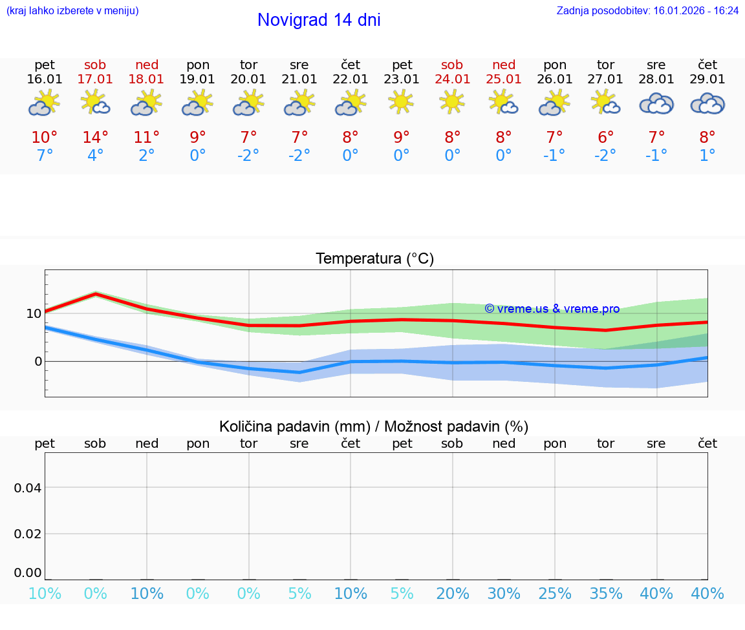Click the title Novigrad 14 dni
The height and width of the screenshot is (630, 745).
pyautogui.click(x=319, y=20)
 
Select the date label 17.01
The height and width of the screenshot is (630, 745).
pyautogui.click(x=95, y=79)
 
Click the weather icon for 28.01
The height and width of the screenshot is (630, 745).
pyautogui.click(x=656, y=103)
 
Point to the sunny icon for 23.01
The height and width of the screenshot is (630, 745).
pyautogui.click(x=402, y=102)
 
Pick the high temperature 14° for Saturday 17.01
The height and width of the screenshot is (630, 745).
pyautogui.click(x=95, y=138)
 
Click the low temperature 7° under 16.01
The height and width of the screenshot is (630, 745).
pyautogui.click(x=45, y=156)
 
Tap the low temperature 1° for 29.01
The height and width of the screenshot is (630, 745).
pyautogui.click(x=707, y=156)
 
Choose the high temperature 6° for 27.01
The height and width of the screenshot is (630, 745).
pyautogui.click(x=605, y=138)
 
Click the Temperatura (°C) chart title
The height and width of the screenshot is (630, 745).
pyautogui.click(x=374, y=259)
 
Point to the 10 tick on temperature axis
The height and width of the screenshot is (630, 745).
pyautogui.click(x=34, y=313)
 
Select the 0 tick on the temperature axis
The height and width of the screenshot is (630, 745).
pyautogui.click(x=38, y=361)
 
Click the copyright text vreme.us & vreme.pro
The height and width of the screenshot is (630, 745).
pyautogui.click(x=552, y=309)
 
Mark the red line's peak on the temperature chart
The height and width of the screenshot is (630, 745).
pyautogui.click(x=96, y=294)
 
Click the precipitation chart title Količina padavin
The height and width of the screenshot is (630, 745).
pyautogui.click(x=374, y=426)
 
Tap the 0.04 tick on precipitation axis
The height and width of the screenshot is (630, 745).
pyautogui.click(x=28, y=488)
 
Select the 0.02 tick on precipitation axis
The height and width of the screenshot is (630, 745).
pyautogui.click(x=28, y=534)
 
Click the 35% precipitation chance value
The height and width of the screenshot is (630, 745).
pyautogui.click(x=605, y=594)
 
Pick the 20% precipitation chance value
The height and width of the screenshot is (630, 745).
pyautogui.click(x=452, y=594)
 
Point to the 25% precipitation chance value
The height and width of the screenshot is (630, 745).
pyautogui.click(x=555, y=594)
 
